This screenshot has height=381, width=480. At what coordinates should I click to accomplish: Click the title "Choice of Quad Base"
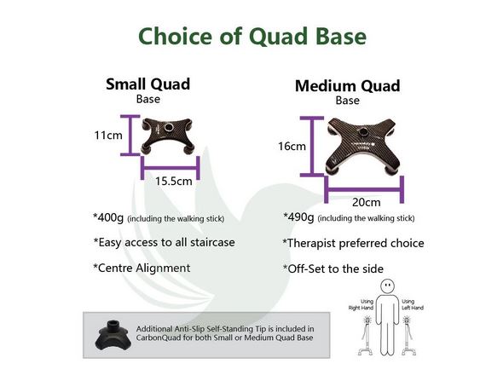[x=252, y=36]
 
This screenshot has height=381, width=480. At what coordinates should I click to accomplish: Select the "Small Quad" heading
[x=147, y=84]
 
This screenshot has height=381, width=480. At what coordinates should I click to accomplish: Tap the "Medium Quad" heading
[x=348, y=86]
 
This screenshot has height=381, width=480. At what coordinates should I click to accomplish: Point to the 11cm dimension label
[x=108, y=135]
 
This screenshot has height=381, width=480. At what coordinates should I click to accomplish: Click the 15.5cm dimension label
[x=174, y=181]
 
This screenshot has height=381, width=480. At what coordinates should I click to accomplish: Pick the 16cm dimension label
[x=292, y=147]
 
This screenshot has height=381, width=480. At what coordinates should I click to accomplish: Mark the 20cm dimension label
[x=366, y=202]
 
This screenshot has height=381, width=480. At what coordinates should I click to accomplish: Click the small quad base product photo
[x=168, y=136]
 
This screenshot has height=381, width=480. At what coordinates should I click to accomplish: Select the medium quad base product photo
[x=363, y=147]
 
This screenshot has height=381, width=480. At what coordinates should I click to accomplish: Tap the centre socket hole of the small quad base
[x=169, y=127]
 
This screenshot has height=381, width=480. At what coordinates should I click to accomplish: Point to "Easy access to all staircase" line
[x=164, y=242]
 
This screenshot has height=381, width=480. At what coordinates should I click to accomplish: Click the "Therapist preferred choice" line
[x=353, y=243]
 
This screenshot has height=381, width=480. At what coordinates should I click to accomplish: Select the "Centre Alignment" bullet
[x=142, y=268]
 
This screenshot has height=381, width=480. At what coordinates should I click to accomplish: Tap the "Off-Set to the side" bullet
[x=333, y=269]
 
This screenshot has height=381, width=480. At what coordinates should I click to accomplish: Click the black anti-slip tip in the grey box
[x=113, y=335]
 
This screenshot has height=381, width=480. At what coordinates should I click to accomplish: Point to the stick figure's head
[x=387, y=286]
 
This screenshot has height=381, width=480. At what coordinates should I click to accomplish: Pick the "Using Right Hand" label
[x=361, y=305]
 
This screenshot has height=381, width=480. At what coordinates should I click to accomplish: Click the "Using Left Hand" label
[x=413, y=305]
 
